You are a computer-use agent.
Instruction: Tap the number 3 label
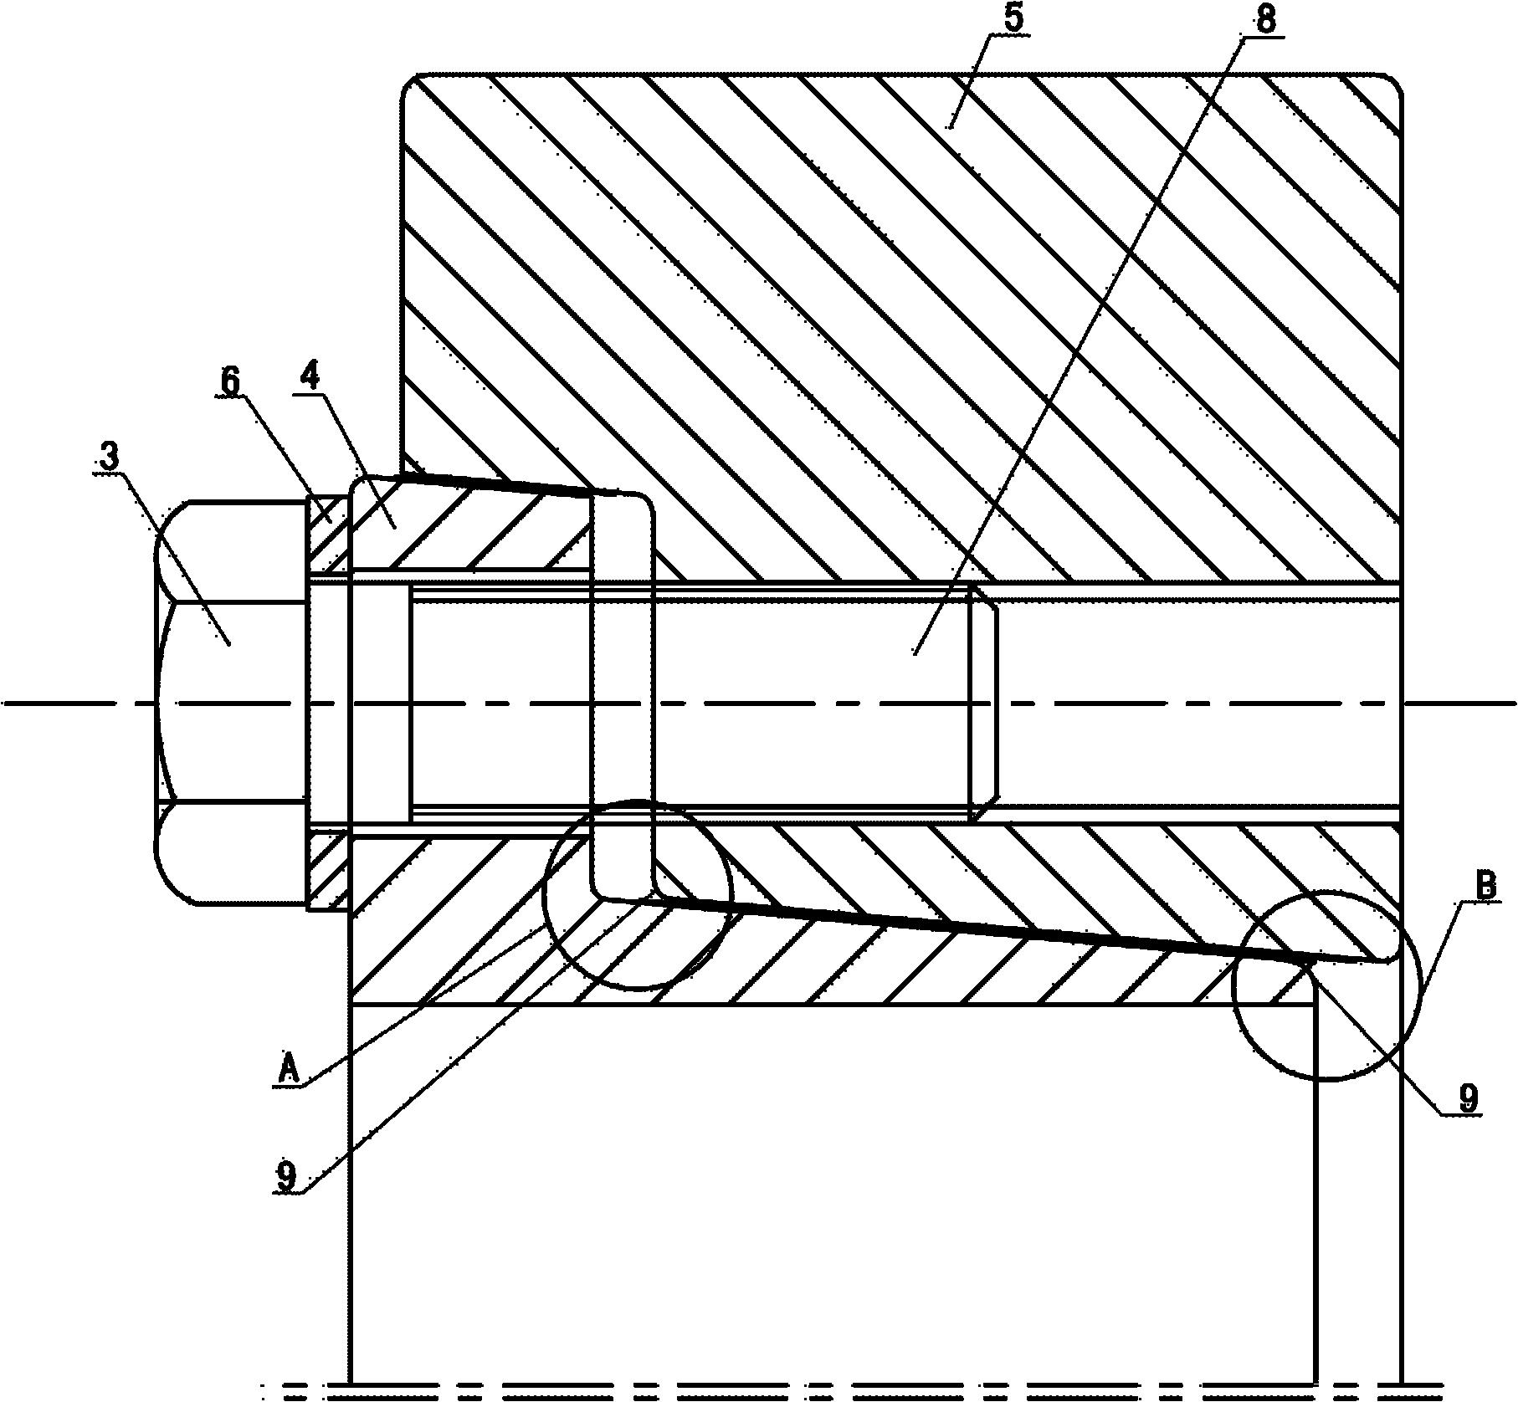[x=110, y=457]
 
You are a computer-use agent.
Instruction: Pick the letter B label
[x=1485, y=887]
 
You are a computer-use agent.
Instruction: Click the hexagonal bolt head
[x=229, y=702]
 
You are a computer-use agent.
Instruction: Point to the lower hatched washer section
[x=327, y=870]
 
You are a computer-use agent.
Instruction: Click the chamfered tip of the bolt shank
[x=986, y=702]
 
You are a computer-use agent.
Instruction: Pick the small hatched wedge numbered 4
[x=469, y=528]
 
